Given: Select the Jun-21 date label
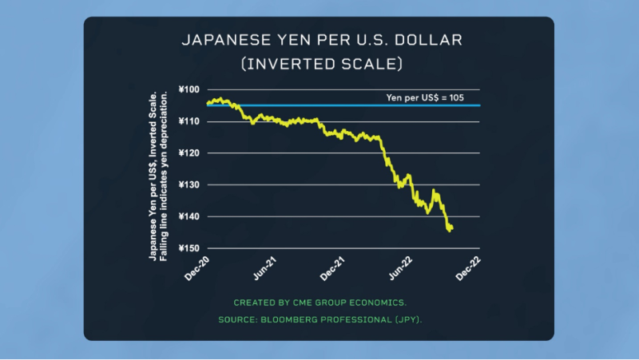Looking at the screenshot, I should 264,267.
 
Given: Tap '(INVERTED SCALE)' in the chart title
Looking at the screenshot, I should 319,61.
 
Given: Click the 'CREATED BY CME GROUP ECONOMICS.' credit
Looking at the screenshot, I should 319,303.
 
